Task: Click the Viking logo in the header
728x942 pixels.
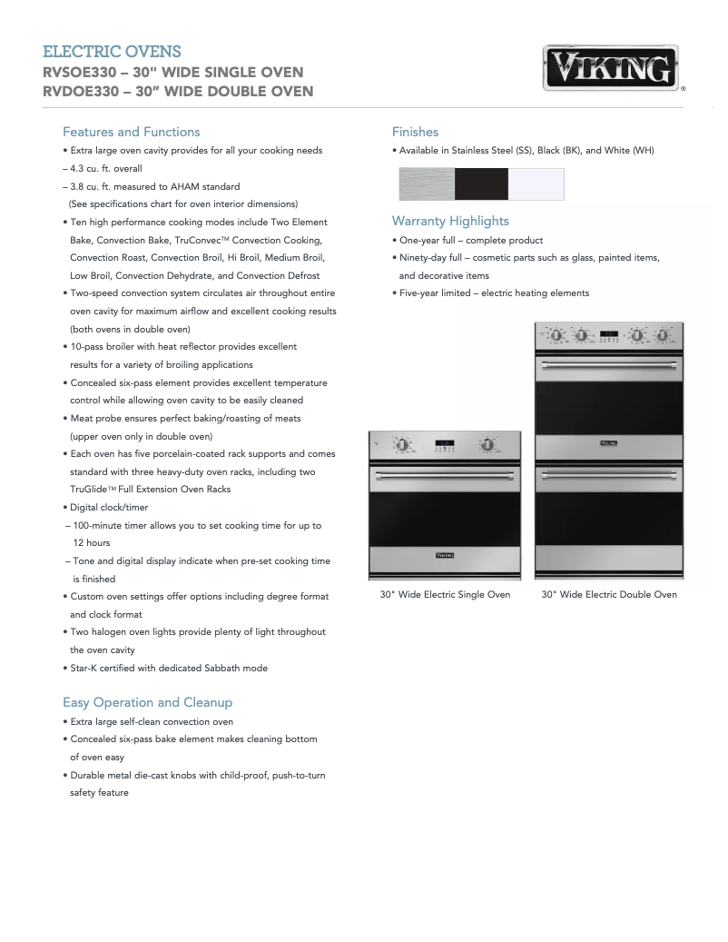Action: point(614,68)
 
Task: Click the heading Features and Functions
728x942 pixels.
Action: point(131,132)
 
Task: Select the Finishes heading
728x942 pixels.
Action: point(415,132)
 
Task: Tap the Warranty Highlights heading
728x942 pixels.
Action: point(450,221)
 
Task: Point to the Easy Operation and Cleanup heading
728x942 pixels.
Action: point(147,702)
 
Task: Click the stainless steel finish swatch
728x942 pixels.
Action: point(427,184)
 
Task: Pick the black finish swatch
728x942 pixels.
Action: point(481,184)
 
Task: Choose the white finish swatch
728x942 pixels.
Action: point(536,184)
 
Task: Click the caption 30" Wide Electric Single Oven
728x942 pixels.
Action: point(445,595)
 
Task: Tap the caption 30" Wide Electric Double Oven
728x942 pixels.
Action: point(609,595)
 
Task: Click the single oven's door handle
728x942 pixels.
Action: point(445,475)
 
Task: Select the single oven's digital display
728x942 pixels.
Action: point(445,444)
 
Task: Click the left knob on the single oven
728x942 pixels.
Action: point(400,444)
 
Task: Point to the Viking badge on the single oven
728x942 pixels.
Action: point(445,553)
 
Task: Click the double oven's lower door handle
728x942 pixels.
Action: point(609,474)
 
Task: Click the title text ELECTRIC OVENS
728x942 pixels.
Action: point(112,52)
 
